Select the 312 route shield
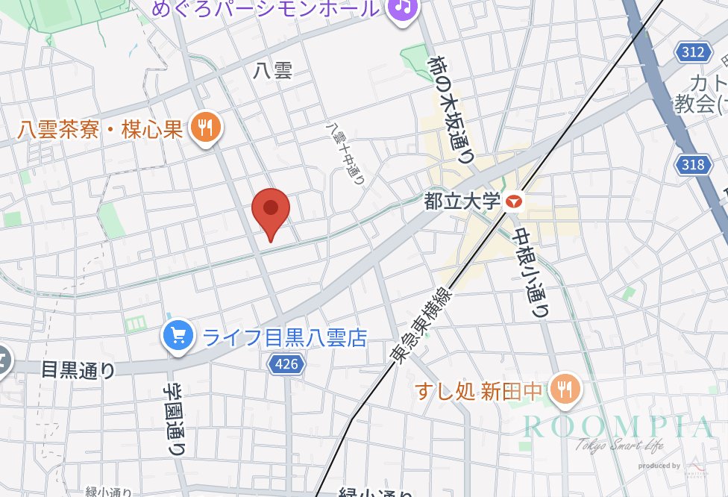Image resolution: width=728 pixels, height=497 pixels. point(692,52)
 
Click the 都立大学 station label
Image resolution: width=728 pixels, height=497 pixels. point(460,201)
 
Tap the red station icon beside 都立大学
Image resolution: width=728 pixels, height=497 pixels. point(515,201)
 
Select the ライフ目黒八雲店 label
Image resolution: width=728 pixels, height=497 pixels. point(285,338)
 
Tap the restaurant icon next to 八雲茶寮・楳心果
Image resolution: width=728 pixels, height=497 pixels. point(204,128)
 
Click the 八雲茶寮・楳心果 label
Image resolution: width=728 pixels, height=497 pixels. point(100,129)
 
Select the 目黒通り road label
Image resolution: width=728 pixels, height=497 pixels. point(78,369)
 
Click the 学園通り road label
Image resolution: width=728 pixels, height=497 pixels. point(174,421)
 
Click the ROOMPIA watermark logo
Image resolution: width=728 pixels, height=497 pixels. point(618,428)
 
